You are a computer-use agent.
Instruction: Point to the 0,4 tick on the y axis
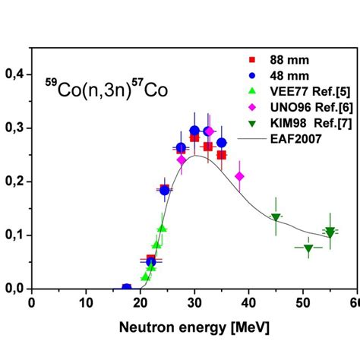[x=14, y=74]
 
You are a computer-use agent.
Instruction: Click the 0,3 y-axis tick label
[x=14, y=128]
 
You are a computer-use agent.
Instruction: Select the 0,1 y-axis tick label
[x=14, y=235]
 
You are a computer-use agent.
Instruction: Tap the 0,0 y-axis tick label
[x=14, y=289]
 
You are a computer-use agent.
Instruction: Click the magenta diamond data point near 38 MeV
[x=240, y=177]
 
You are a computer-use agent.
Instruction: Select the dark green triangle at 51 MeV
[x=308, y=248]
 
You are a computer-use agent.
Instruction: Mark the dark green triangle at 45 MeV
[x=276, y=218]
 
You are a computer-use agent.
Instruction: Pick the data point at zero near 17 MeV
[x=127, y=288]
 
